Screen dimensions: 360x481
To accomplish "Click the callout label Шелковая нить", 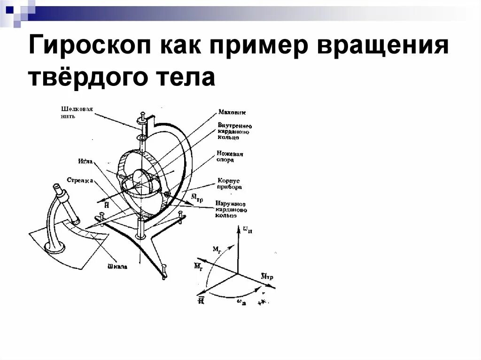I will point(76,113).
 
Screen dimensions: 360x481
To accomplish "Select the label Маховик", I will point(232,113).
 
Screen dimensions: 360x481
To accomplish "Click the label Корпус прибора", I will point(230,184).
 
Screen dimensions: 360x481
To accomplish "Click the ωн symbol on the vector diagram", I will point(246,230).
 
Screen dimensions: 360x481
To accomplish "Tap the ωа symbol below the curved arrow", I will point(241,303).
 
